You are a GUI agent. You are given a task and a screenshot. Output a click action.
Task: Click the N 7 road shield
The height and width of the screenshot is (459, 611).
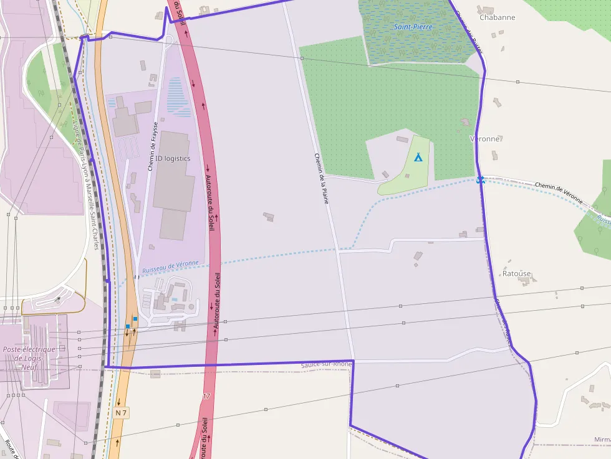click(121, 413)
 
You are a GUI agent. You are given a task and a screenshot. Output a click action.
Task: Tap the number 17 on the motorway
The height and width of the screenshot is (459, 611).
click(207, 395)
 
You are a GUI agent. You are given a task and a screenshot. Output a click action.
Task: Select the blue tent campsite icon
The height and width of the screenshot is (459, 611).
click(418, 157)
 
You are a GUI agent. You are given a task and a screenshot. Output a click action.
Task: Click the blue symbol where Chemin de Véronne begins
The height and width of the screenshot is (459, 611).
click(480, 180)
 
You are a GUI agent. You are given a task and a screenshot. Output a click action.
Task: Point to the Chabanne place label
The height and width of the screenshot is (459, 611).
click(497, 17)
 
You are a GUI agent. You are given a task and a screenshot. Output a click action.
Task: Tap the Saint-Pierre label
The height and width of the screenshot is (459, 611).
click(413, 27)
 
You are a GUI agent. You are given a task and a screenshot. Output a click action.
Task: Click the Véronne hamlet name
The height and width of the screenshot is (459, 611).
click(484, 139)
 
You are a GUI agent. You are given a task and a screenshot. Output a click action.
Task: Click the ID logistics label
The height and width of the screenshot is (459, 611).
click(173, 159)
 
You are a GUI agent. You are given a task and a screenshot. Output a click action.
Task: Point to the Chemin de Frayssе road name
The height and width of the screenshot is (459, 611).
click(153, 146)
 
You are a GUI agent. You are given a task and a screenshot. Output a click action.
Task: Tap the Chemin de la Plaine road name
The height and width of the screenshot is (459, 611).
click(321, 179)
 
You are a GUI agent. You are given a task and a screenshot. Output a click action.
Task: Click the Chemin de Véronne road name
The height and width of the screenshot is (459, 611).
click(559, 192)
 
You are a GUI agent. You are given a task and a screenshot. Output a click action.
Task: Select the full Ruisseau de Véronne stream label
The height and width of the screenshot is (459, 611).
click(171, 267)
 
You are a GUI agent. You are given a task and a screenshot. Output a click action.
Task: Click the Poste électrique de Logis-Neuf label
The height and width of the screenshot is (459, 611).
click(29, 358)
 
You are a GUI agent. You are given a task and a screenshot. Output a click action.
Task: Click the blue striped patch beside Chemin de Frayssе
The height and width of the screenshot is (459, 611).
click(179, 97)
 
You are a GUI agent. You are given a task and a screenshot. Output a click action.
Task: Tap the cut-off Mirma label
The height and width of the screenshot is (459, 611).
click(602, 440)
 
